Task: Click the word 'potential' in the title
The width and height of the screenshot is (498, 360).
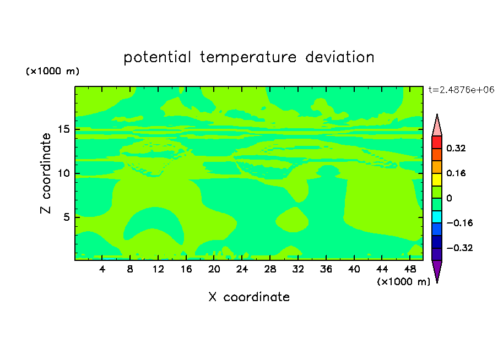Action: tap(157, 58)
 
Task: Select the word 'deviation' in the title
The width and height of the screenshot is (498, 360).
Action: tap(340, 57)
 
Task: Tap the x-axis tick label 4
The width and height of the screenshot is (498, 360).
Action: tap(102, 270)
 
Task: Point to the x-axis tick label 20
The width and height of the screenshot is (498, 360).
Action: tap(214, 270)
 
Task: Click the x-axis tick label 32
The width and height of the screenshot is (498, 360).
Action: tap(298, 270)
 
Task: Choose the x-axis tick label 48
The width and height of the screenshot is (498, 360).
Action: tap(410, 270)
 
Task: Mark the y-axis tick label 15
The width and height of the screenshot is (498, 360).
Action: tap(63, 129)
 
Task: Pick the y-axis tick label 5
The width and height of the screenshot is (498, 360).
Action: tap(66, 217)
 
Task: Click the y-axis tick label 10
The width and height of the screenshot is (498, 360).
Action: tap(63, 173)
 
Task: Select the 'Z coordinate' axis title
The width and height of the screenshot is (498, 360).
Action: tap(45, 173)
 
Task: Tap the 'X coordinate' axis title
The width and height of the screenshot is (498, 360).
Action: tap(249, 297)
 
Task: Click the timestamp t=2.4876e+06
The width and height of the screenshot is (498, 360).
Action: tap(461, 90)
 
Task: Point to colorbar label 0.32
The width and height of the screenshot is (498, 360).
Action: tap(456, 148)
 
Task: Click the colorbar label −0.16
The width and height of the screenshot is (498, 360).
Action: tap(459, 223)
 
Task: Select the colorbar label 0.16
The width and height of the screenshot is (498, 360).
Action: tap(456, 173)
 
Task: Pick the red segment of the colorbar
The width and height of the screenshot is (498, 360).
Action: tap(437, 142)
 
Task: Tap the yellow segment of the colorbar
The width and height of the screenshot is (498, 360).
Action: tap(437, 179)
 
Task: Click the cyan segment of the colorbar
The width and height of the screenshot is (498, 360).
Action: tap(437, 217)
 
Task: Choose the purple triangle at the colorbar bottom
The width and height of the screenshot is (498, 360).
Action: tap(437, 270)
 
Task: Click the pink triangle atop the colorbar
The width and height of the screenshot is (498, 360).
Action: tap(437, 127)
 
